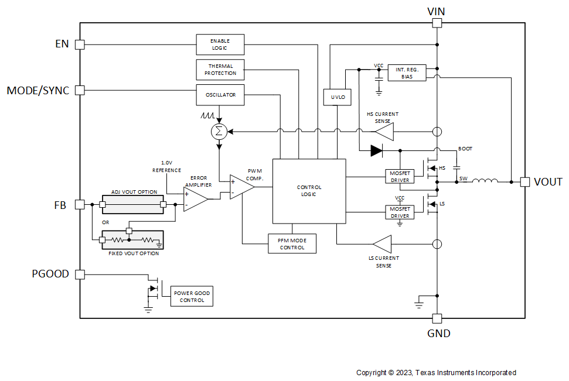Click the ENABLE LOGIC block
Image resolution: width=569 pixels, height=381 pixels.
(x=220, y=44)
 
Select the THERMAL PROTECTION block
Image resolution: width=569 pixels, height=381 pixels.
(x=220, y=70)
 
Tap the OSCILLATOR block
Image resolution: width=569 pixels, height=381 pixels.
(x=220, y=94)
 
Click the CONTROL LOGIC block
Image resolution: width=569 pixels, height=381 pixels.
(x=309, y=191)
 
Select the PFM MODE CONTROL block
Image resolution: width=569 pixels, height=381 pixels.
(x=292, y=243)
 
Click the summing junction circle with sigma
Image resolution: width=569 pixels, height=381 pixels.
(x=219, y=132)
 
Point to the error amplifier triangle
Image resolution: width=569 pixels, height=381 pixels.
(x=195, y=200)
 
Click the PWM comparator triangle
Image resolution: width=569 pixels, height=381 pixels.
(x=240, y=187)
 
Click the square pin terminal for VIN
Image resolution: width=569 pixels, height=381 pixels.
(x=437, y=23)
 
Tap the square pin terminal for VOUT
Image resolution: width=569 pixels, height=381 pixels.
(x=524, y=182)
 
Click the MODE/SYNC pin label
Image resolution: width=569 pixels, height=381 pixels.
(x=38, y=91)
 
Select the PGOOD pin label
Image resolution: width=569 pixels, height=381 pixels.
(x=50, y=274)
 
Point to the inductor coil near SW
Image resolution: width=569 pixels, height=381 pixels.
(x=485, y=181)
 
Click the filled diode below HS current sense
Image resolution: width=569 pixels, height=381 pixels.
(x=376, y=150)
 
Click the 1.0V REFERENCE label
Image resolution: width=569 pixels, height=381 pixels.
(x=166, y=166)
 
